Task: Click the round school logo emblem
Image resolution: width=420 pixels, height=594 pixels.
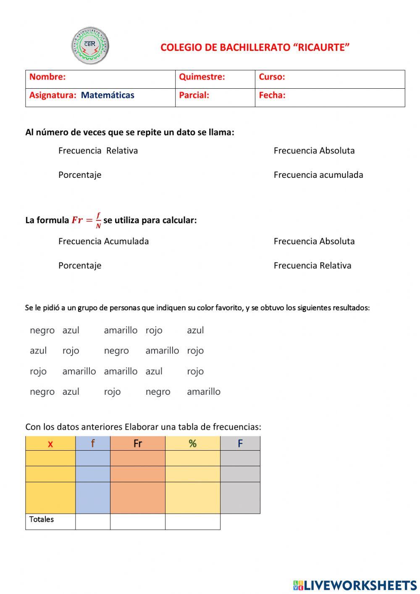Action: (90, 46)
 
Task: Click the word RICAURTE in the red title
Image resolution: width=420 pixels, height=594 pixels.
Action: (321, 48)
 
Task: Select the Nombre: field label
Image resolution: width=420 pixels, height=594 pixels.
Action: (47, 77)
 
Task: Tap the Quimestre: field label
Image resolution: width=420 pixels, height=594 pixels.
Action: (202, 77)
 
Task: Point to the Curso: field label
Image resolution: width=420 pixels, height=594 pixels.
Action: (272, 77)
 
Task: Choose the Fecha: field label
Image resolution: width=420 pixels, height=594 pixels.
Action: (272, 95)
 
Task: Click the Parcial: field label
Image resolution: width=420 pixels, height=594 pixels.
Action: (194, 95)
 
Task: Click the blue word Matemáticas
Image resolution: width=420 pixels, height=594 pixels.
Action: (108, 95)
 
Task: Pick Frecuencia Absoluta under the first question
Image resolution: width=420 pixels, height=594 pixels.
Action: (314, 150)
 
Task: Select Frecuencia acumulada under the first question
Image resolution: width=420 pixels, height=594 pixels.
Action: (318, 175)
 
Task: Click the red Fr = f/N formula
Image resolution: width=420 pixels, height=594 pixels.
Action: (87, 220)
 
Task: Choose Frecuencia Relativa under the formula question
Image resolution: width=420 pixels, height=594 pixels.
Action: (312, 266)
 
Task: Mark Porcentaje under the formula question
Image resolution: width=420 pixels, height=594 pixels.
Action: (80, 266)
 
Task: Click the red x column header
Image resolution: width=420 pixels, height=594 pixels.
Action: (50, 444)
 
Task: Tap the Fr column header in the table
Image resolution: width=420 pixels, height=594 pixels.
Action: (137, 444)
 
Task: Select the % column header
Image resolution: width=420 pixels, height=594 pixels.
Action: (192, 444)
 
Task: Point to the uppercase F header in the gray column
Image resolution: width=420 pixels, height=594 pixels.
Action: (240, 444)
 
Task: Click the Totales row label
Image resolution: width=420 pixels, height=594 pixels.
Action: (42, 520)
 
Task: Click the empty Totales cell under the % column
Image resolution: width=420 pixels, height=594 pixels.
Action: (192, 522)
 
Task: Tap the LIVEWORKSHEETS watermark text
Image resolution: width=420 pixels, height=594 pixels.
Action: (360, 585)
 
